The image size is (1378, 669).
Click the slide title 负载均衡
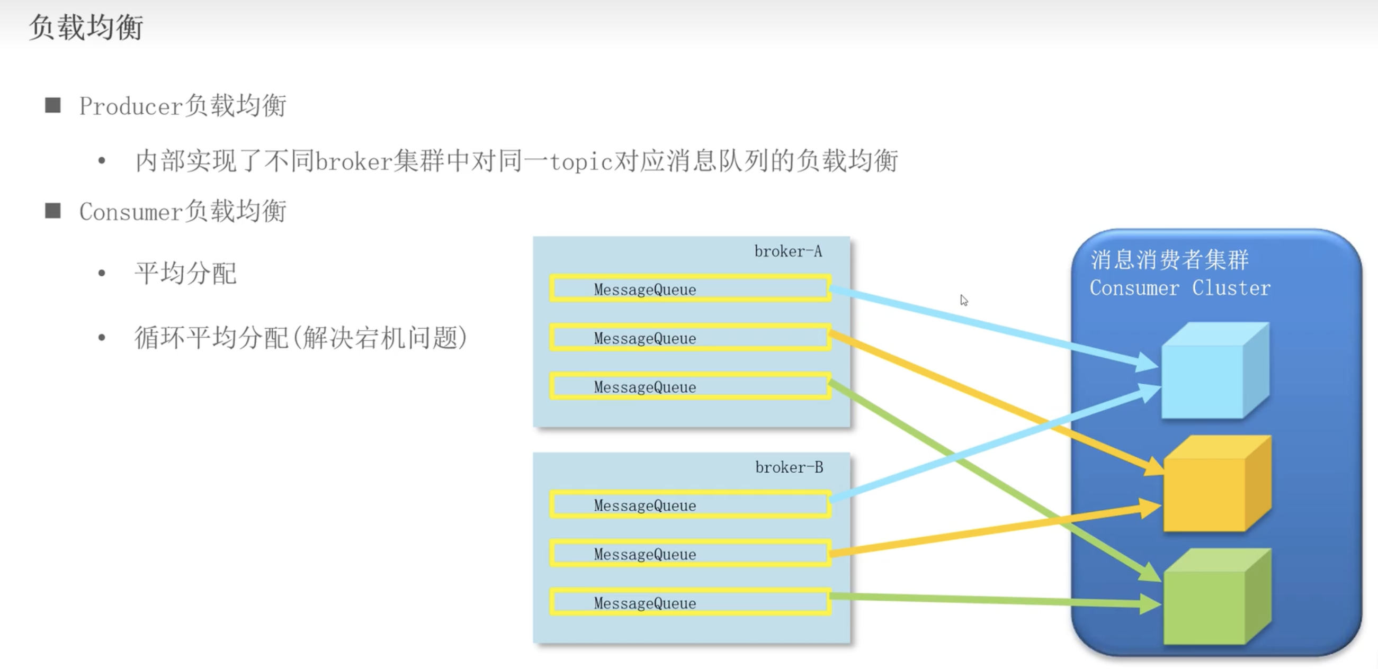pos(86,27)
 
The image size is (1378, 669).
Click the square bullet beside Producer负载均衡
pos(52,105)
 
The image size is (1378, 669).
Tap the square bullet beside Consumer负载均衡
pos(52,211)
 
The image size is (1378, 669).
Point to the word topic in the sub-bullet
pos(581,161)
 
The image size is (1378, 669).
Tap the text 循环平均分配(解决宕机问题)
pos(301,338)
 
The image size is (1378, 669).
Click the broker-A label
pos(788,251)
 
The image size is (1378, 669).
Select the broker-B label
pos(789,467)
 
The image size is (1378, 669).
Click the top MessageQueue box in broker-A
pos(690,289)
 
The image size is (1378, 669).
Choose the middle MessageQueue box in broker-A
pos(690,338)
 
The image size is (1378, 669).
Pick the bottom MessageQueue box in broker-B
pos(690,602)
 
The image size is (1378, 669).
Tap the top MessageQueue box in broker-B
pos(690,505)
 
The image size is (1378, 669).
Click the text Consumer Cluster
pos(1179,288)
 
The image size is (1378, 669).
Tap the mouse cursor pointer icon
pos(964,300)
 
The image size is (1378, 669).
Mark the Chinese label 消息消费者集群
pos(1169,260)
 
